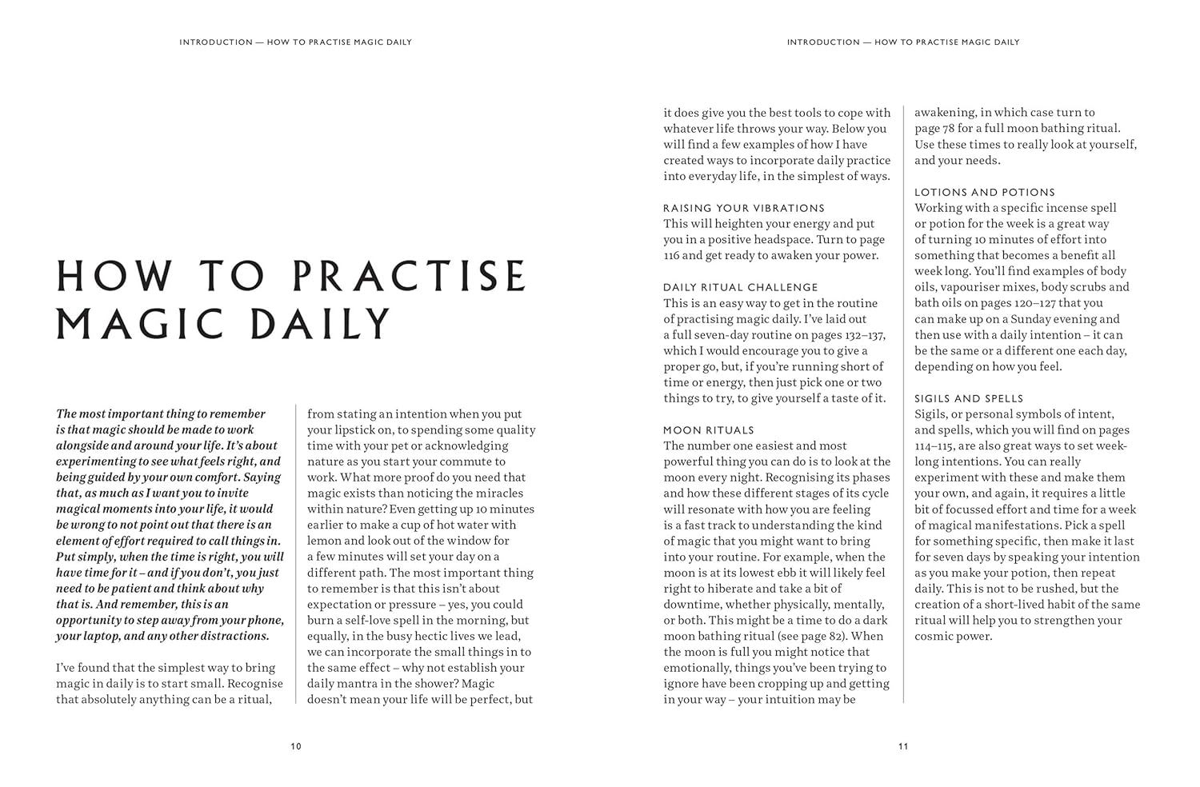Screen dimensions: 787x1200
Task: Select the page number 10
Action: click(296, 746)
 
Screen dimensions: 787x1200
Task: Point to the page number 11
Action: click(903, 746)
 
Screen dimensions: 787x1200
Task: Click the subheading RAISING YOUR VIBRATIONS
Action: click(743, 208)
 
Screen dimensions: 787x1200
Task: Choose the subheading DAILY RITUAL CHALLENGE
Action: click(740, 287)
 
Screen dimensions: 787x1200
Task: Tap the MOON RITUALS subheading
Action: click(708, 430)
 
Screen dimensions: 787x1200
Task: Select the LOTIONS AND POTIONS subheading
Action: click(985, 192)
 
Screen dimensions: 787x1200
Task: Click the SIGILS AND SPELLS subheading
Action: click(969, 398)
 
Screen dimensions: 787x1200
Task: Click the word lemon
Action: click(324, 541)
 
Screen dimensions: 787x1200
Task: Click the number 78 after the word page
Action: click(949, 128)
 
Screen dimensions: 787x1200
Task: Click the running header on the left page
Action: click(295, 42)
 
